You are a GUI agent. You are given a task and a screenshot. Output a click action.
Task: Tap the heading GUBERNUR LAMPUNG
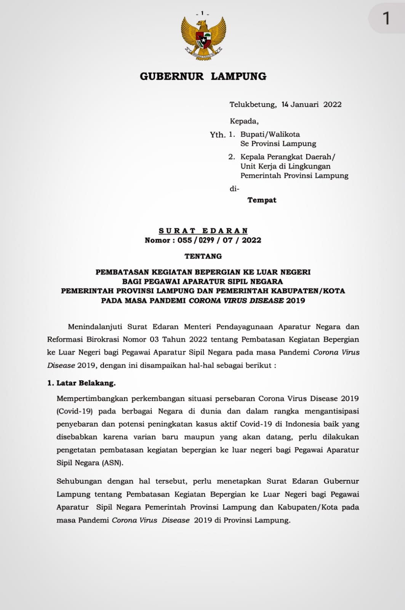tap(203, 76)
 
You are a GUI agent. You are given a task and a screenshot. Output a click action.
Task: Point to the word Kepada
tap(244, 121)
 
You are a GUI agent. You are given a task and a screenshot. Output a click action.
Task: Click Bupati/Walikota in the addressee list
tap(270, 134)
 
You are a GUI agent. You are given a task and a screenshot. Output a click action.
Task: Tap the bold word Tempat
tap(262, 200)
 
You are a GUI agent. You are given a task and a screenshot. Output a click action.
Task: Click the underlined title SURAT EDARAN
tap(203, 231)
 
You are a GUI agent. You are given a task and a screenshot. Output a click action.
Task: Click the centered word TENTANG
tap(203, 256)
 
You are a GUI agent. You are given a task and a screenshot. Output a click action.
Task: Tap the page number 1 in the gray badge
tap(386, 18)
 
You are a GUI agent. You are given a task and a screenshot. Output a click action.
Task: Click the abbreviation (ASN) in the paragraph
tap(112, 463)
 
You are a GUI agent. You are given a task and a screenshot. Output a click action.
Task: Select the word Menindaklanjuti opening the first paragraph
tap(95, 327)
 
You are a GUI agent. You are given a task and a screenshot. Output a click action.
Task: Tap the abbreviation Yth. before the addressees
tap(218, 135)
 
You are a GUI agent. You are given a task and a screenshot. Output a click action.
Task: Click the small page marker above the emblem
tap(202, 13)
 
